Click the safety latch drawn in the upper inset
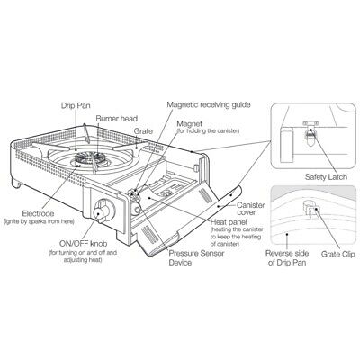[x=309, y=134]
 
